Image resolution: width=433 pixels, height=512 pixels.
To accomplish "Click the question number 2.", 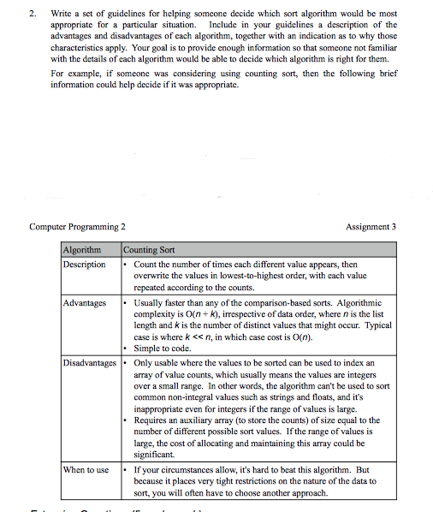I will click(x=33, y=15).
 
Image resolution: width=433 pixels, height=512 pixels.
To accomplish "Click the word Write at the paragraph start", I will click(x=62, y=15).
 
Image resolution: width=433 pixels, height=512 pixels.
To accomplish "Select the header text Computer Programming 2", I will click(x=78, y=227).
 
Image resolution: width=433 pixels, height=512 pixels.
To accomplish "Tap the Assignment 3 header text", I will click(x=371, y=227).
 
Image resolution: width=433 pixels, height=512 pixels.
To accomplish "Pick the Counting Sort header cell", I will click(x=150, y=250).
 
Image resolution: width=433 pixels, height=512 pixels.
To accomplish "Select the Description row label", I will click(x=85, y=265).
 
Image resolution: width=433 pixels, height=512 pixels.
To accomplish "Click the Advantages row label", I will click(x=83, y=303).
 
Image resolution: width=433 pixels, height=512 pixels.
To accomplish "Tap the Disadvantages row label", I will click(x=90, y=363).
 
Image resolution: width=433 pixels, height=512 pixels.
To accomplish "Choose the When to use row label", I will click(x=86, y=470).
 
